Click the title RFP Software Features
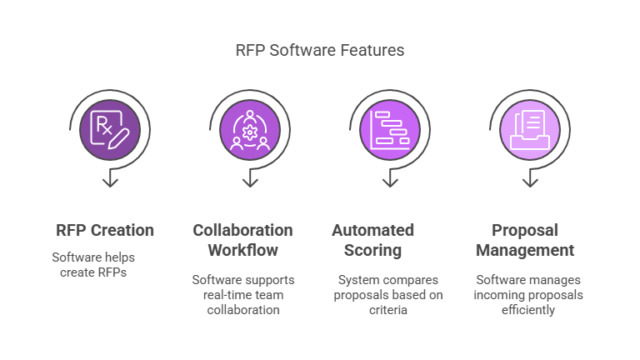point(320,50)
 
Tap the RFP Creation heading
point(105,230)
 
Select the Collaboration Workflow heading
point(242,240)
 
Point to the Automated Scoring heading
point(372,240)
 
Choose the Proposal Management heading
point(525,240)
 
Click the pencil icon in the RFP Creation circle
point(119,139)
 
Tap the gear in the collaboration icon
point(250,132)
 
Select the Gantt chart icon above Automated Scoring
point(390,130)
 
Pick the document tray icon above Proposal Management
point(530,130)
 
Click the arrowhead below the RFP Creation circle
point(110,182)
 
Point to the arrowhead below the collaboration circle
point(250,182)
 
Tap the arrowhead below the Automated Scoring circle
point(390,182)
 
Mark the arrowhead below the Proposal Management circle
point(530,182)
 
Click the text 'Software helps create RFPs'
point(93,265)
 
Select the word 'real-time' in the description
point(220,295)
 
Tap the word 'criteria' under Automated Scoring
point(388,310)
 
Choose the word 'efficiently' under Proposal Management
point(528,310)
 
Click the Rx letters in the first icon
point(103,125)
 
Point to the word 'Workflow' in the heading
point(242,250)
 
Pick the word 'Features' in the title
point(372,50)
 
